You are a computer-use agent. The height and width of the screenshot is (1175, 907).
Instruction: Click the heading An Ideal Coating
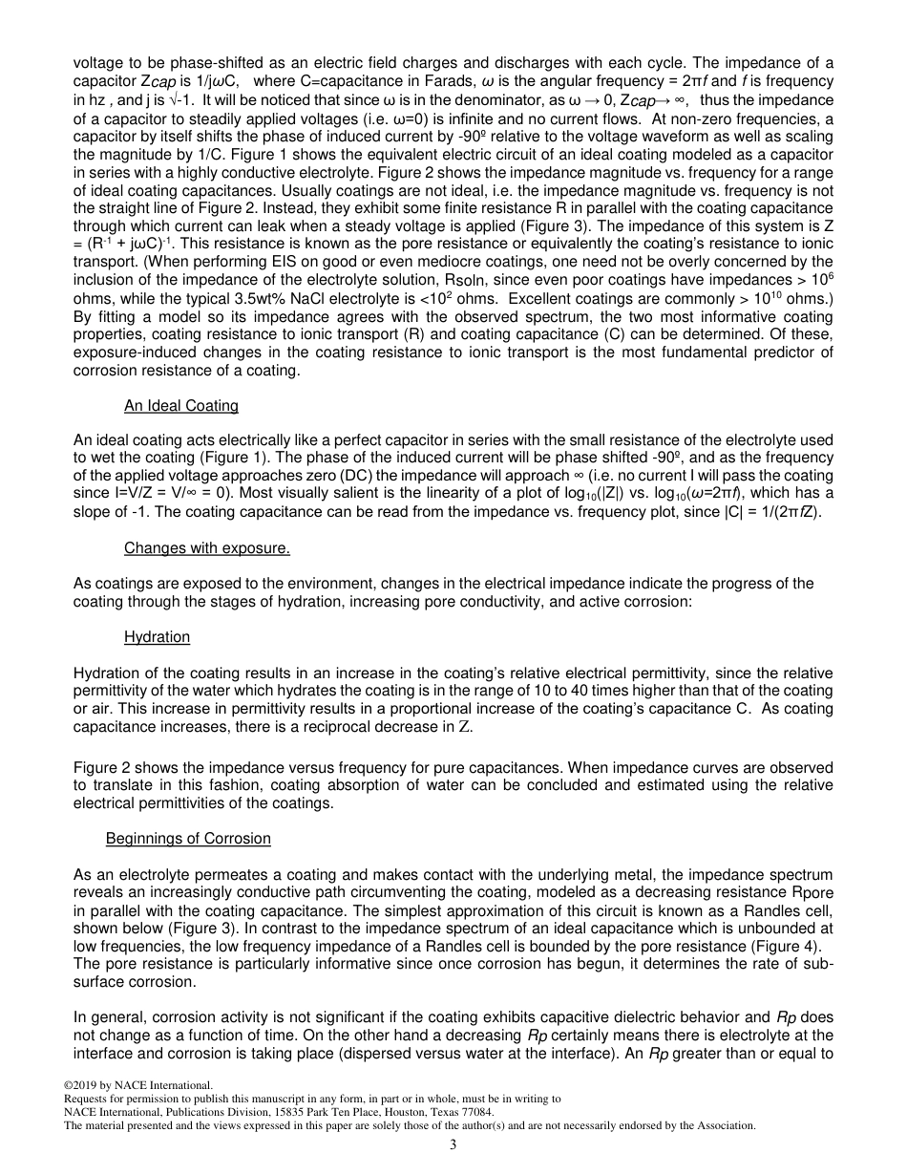point(181,406)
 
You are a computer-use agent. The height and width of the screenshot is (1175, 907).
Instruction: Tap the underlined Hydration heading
point(157,636)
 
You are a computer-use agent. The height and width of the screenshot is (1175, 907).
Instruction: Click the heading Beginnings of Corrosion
point(188,838)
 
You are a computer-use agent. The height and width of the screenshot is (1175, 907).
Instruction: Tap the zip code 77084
point(475,1112)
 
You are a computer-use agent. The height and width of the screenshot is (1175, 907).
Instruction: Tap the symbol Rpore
point(809,910)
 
